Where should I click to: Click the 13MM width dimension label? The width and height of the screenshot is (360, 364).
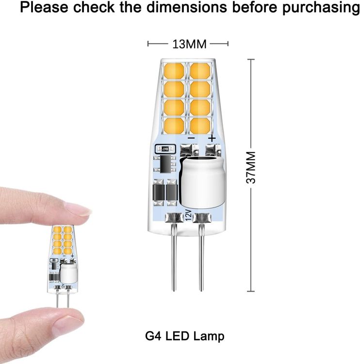[x=189, y=44]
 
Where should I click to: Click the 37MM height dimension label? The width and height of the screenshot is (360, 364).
[x=251, y=167]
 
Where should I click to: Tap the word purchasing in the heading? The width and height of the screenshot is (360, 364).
[x=321, y=7]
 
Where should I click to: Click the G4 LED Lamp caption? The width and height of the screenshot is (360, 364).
[x=185, y=336]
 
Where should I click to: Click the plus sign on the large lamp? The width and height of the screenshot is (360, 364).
[x=212, y=138]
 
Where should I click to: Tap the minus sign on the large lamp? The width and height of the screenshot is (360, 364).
[x=191, y=138]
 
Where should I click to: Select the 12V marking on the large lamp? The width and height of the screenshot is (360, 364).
[x=188, y=215]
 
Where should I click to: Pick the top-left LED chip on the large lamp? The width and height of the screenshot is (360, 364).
[x=174, y=71]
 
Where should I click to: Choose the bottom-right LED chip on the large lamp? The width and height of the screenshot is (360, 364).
[x=200, y=126]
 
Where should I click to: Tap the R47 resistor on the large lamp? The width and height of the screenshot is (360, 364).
[x=165, y=149]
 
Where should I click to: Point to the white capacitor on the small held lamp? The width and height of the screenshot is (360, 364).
[x=68, y=273]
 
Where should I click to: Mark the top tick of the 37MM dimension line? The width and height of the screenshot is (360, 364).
[x=251, y=59]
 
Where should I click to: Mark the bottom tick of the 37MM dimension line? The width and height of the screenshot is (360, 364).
[x=251, y=291]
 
